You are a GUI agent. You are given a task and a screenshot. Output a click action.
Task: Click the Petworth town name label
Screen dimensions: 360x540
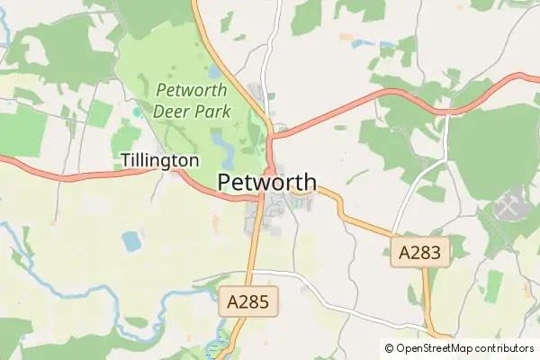pos(266,183)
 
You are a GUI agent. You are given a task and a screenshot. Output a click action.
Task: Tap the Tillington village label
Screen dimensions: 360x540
pos(159,160)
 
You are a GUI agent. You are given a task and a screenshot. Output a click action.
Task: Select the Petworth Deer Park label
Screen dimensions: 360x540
pos(192,101)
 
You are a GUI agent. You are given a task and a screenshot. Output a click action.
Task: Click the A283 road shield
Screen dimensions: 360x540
pos(419,253)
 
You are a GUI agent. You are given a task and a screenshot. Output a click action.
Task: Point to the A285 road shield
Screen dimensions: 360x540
pos(249,302)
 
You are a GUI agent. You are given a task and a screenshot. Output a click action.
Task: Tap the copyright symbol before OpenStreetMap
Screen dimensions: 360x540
pos(389,348)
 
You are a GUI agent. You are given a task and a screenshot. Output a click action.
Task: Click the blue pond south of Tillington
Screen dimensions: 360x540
pos(132,240)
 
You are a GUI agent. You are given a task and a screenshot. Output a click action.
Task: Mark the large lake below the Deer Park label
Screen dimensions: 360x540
pos(221,140)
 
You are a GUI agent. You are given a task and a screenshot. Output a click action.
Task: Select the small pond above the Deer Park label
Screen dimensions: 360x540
pos(214,70)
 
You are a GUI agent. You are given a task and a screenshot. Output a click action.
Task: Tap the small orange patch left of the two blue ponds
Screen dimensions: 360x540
pos(346,37)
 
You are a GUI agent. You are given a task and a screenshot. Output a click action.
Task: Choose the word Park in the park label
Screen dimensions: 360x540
pos(212,112)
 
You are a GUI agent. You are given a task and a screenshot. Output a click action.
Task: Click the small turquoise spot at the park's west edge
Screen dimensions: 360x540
pos(136,112)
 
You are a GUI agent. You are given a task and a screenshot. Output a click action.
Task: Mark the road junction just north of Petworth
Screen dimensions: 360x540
pos(272,134)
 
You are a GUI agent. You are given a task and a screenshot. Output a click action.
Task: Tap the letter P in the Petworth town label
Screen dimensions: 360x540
pos(225,183)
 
